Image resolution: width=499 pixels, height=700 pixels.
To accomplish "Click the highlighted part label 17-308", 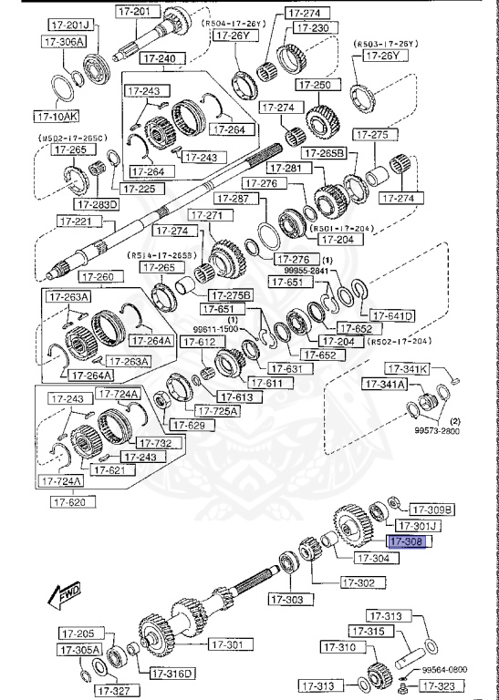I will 408,542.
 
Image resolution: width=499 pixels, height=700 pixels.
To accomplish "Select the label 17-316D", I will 172,674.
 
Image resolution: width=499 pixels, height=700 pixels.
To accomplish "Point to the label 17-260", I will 99,277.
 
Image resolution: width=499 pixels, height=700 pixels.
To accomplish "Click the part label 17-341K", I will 407,369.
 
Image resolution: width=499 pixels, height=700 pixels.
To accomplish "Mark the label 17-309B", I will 431,510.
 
